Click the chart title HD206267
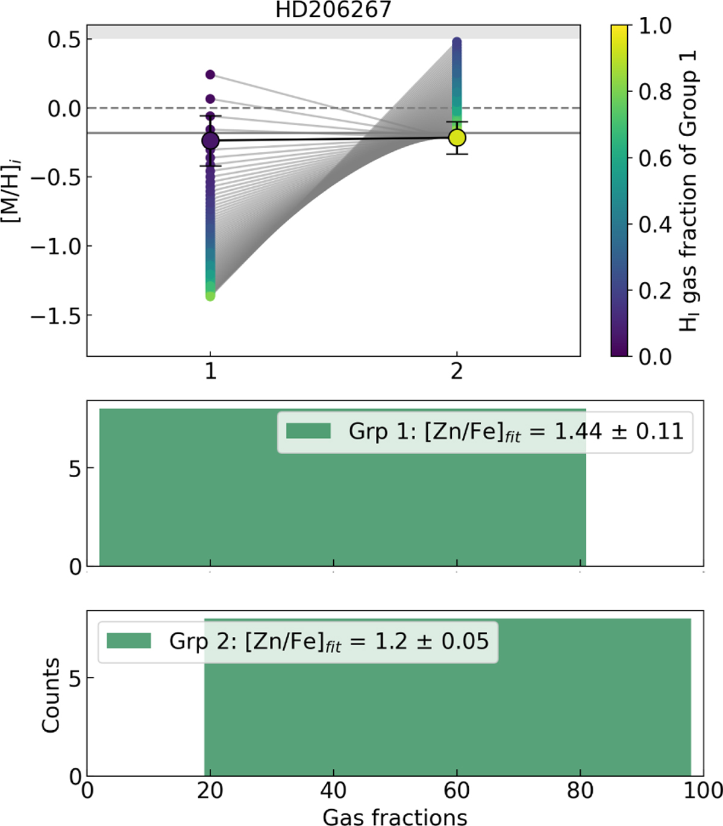(333, 10)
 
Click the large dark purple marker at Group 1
(210, 140)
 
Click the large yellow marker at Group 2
(457, 138)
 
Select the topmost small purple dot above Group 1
(210, 75)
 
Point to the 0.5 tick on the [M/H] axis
(65, 40)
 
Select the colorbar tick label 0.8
(655, 92)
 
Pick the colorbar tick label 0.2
(655, 290)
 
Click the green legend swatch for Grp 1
(308, 431)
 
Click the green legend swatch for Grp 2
(129, 641)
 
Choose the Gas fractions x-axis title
(395, 816)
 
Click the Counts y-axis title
(51, 695)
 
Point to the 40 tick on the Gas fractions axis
(333, 790)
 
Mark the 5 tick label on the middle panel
(75, 469)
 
